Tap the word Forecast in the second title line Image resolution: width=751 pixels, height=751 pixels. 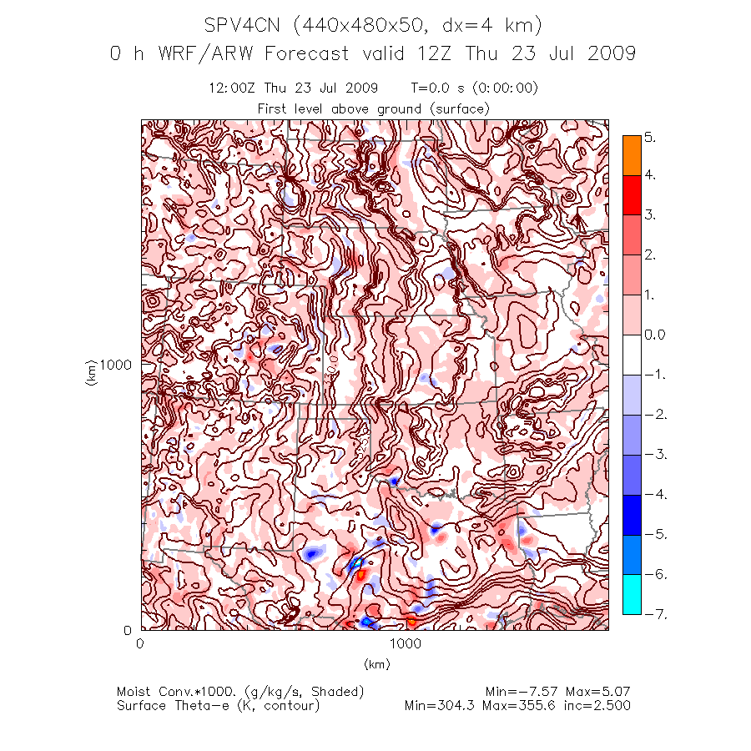pyautogui.click(x=308, y=54)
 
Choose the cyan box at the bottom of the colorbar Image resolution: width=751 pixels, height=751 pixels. pyautogui.click(x=633, y=594)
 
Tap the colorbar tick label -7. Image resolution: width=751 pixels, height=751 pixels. pyautogui.click(x=653, y=614)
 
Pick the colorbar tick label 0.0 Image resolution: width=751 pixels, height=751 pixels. pyautogui.click(x=655, y=335)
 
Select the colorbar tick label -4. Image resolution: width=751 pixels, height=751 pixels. pyautogui.click(x=653, y=495)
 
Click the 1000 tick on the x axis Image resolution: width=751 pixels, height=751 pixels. pyautogui.click(x=405, y=643)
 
